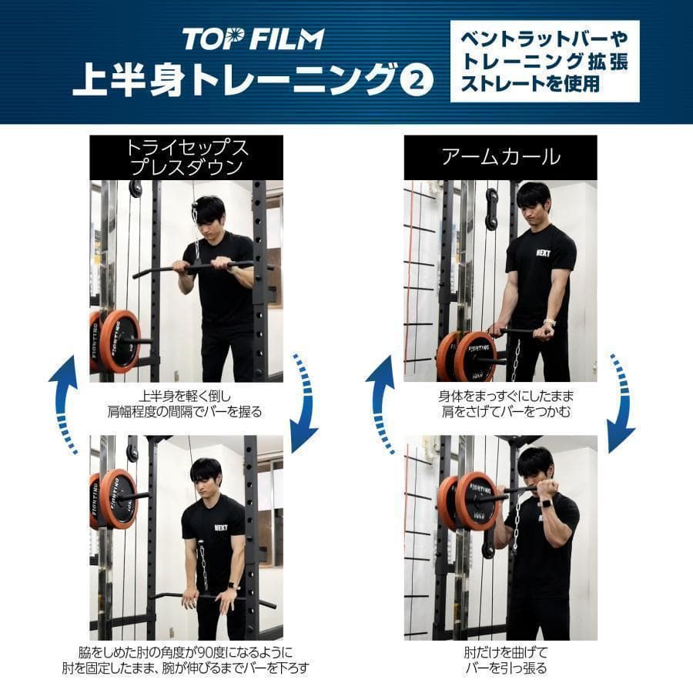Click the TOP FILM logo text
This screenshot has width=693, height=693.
coord(253,38)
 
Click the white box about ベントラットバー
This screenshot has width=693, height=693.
coord(544,62)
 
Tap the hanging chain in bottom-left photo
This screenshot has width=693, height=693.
coord(205,566)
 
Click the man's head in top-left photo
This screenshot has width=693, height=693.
coord(209,214)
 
